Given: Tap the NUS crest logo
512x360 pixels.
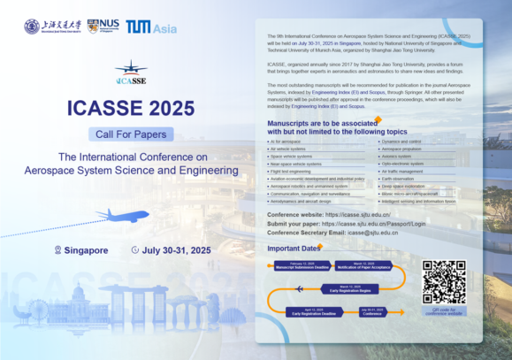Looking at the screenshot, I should (93, 27).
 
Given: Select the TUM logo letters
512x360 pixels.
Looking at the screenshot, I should (137, 27).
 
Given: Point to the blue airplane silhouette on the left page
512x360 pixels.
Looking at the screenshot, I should (121, 215).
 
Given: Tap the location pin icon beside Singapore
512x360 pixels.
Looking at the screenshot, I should (58, 250).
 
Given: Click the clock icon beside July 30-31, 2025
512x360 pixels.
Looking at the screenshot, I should (134, 250).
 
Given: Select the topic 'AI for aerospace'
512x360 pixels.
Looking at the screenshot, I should (287, 141).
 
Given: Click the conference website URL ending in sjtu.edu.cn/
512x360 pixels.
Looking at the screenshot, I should (358, 215).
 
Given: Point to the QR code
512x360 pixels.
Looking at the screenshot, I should (443, 282).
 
